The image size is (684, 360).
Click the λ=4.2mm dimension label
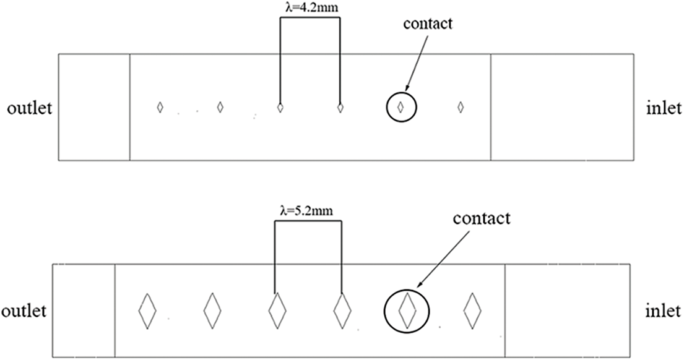pos(310,9)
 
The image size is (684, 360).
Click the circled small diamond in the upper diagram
pos(400,107)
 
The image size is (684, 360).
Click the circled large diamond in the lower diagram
pos(407,310)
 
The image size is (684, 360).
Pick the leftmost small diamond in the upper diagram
pos(160,107)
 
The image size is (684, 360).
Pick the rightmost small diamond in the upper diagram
pos(460,107)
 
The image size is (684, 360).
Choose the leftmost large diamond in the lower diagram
pos(147,310)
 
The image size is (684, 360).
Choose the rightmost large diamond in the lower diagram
pos(472,310)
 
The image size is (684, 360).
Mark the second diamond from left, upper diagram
pos(220,107)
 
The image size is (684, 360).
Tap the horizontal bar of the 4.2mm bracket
pos(310,18)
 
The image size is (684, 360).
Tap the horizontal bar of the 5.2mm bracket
pos(308,221)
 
